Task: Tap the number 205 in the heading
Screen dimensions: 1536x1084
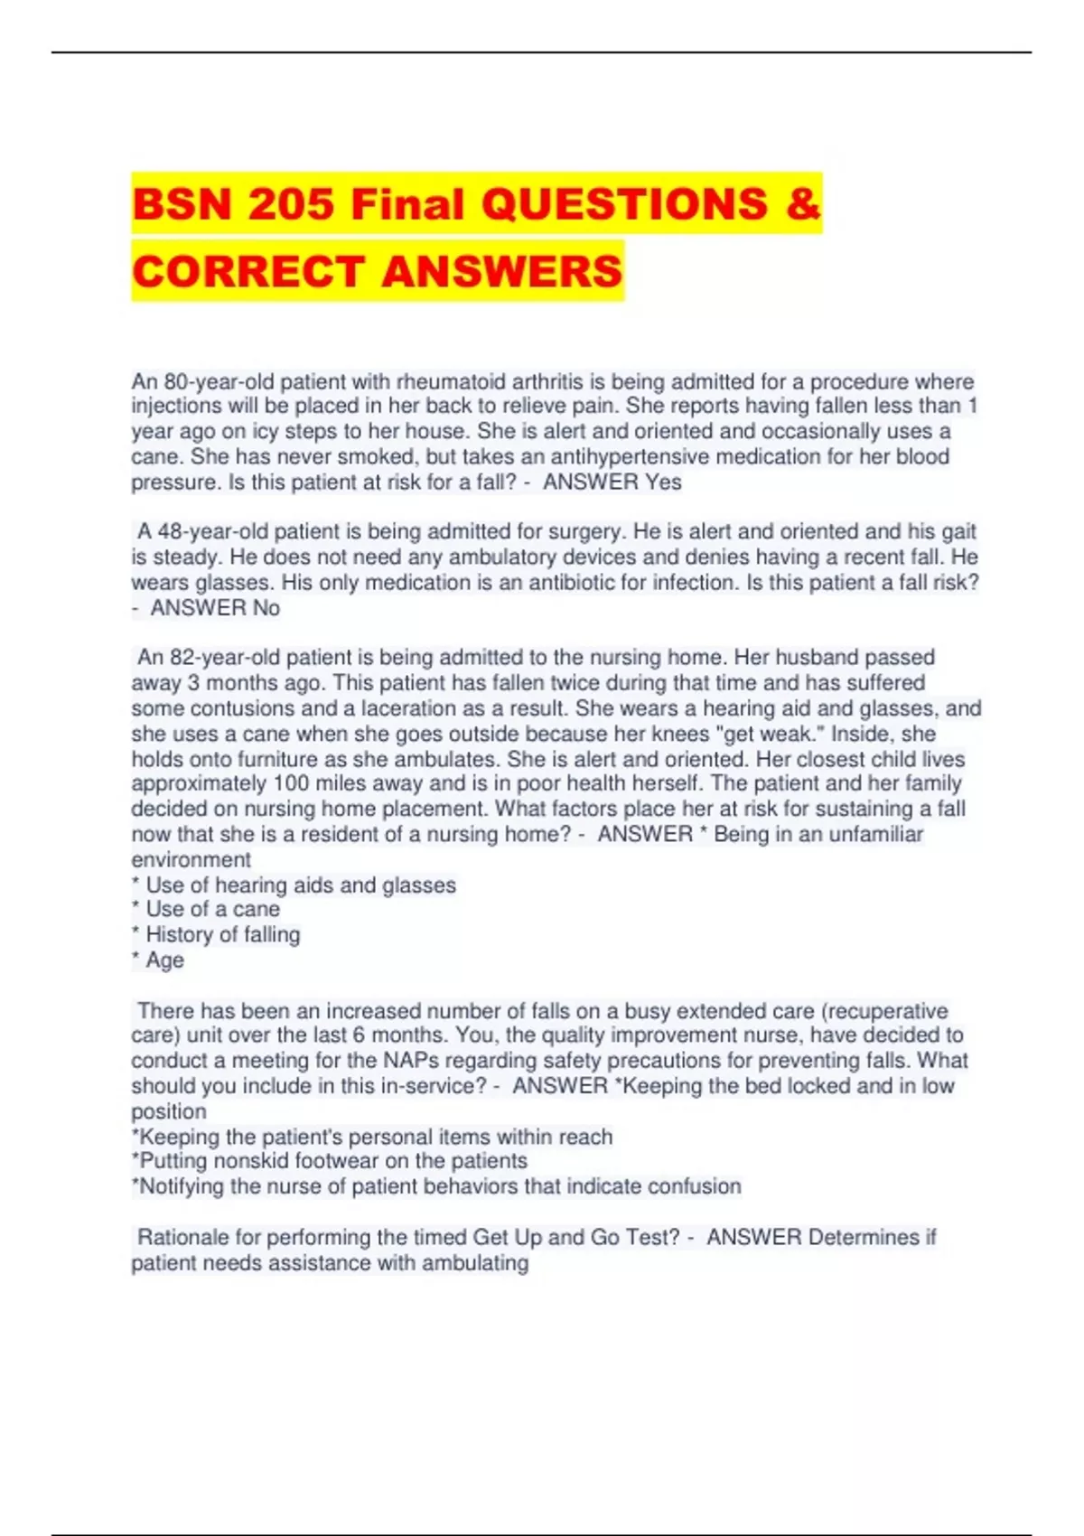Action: (292, 203)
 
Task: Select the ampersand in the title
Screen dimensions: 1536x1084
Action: (803, 203)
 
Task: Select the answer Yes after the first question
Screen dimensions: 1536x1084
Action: (663, 482)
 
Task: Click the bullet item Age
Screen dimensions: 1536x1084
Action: (164, 960)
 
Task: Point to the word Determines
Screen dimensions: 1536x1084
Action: (864, 1237)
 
